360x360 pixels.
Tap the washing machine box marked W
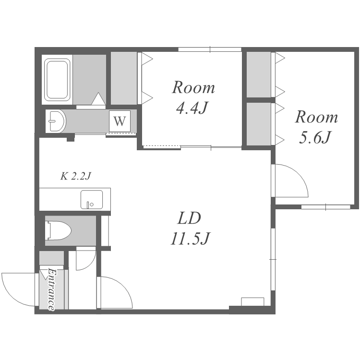click(x=120, y=121)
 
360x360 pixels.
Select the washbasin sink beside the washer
click(x=56, y=121)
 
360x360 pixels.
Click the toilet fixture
click(x=58, y=230)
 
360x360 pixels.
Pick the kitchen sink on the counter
click(x=92, y=199)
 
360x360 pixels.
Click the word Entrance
click(x=51, y=290)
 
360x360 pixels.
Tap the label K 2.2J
click(x=76, y=176)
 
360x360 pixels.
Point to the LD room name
click(x=189, y=218)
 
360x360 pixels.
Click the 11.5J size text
click(x=191, y=238)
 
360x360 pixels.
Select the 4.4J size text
click(x=192, y=107)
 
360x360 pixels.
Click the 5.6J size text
click(x=315, y=137)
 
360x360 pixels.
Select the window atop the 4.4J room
click(x=210, y=49)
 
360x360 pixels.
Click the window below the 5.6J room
click(x=326, y=207)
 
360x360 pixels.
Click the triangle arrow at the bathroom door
click(x=98, y=99)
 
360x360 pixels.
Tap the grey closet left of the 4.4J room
click(x=124, y=78)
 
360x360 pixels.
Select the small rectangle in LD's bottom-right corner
click(x=252, y=302)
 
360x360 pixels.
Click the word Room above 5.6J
click(x=316, y=117)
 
